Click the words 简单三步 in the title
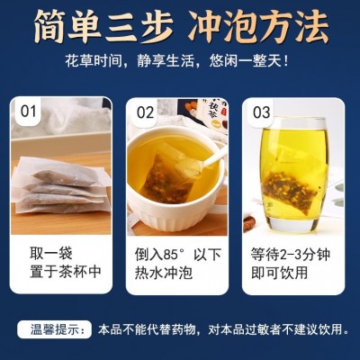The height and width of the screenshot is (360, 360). click(x=103, y=27)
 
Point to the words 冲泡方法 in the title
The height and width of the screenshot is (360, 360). click(x=258, y=27)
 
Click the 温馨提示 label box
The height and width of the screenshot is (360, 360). click(x=54, y=329)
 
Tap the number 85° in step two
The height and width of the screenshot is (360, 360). click(x=174, y=255)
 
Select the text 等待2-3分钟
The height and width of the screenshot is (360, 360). click(x=291, y=255)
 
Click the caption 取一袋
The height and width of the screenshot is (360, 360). click(x=50, y=254)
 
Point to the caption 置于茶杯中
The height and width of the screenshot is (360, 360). click(x=65, y=272)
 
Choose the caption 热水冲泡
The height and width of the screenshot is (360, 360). click(x=163, y=273)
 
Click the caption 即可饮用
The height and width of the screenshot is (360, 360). click(x=280, y=273)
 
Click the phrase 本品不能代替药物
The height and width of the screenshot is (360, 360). click(x=148, y=329)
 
